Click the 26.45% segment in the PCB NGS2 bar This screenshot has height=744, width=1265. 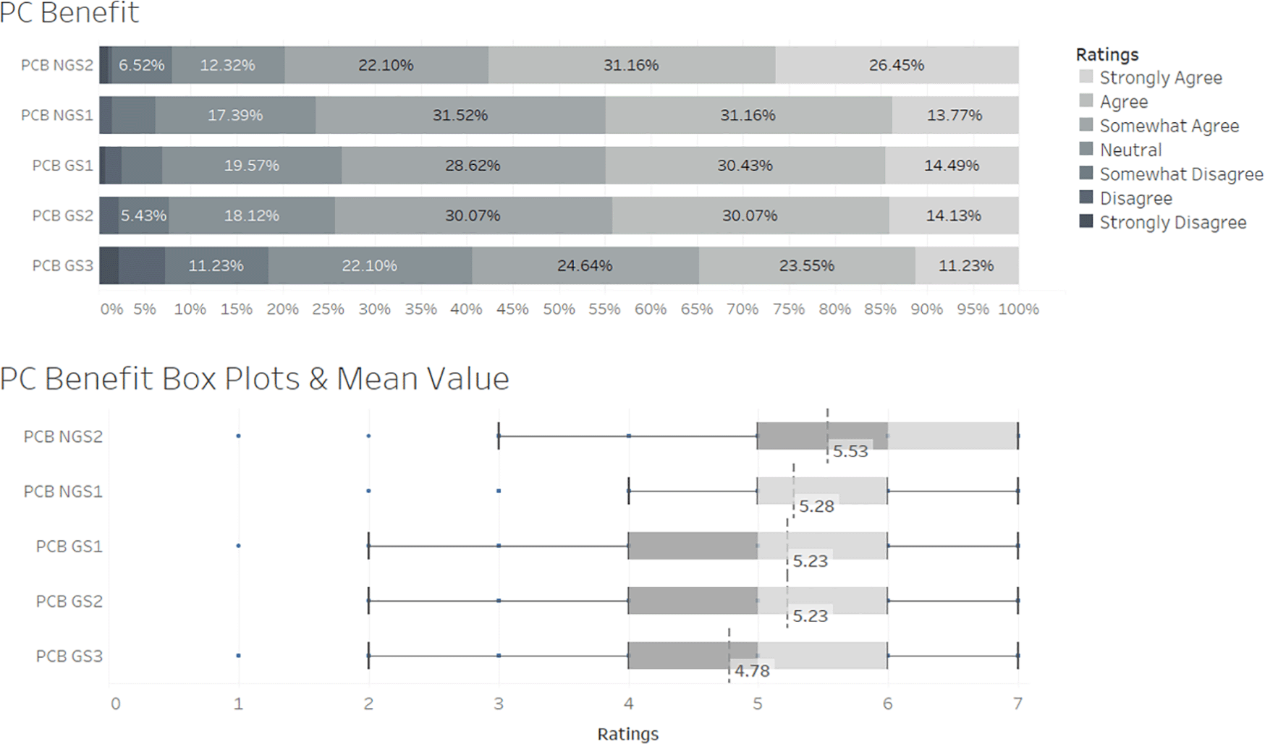pos(896,65)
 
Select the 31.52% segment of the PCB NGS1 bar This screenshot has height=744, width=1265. pos(460,115)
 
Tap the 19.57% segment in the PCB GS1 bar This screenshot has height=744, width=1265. pos(251,166)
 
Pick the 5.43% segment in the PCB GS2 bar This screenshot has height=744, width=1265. pos(143,215)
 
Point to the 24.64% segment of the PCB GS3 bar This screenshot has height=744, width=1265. pos(585,266)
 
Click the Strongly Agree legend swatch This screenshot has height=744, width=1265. pos(1086,77)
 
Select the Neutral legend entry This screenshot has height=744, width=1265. pos(1130,150)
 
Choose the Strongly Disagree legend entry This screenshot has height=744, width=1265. pos(1172,223)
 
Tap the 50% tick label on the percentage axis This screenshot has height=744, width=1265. pos(559,309)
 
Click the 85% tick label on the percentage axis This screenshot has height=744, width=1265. pos(880,309)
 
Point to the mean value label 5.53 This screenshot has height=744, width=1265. pos(850,451)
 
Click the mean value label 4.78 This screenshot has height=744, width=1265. pos(752,671)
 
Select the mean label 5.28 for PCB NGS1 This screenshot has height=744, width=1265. pos(816,506)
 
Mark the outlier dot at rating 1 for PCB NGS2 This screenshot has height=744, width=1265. pos(238,436)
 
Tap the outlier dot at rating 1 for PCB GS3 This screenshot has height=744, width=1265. pos(238,656)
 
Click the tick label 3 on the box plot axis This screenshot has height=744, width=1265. pos(499,704)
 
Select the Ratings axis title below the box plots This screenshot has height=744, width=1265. pos(627,734)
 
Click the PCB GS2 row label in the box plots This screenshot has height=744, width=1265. pos(69,602)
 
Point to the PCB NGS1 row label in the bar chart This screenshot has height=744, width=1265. pos(57,115)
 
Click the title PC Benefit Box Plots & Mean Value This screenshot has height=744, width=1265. pos(255,379)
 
